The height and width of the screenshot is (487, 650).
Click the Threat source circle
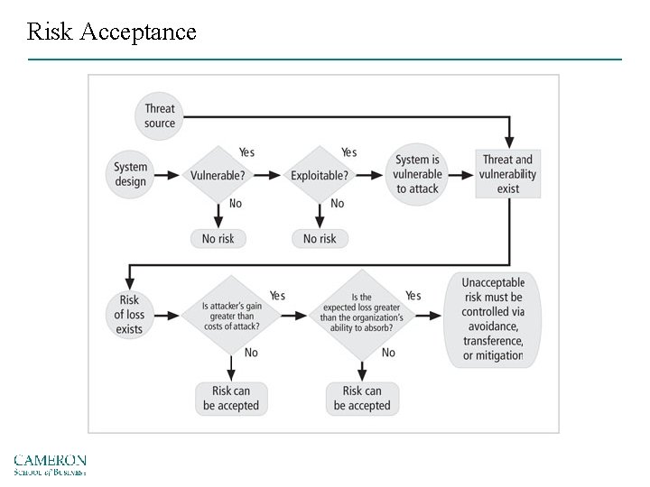click(160, 116)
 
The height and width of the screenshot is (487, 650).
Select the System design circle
click(131, 174)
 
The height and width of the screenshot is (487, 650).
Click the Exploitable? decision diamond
click(320, 175)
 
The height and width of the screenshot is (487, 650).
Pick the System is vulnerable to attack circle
click(419, 174)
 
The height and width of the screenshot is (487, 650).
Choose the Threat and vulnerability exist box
click(508, 174)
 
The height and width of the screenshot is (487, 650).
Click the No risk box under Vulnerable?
click(218, 238)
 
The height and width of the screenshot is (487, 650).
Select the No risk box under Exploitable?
click(320, 238)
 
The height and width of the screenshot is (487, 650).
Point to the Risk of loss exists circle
click(130, 315)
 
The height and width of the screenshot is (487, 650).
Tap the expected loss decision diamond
click(362, 315)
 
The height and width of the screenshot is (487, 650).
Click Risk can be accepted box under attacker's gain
click(231, 398)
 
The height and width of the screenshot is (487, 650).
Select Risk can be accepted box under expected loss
click(362, 398)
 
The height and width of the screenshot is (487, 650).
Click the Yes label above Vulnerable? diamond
click(246, 152)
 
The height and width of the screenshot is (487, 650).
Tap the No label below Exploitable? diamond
click(337, 204)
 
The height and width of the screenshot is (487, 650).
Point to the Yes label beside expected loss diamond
click(413, 296)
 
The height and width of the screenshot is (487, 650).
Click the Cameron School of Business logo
click(50, 464)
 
